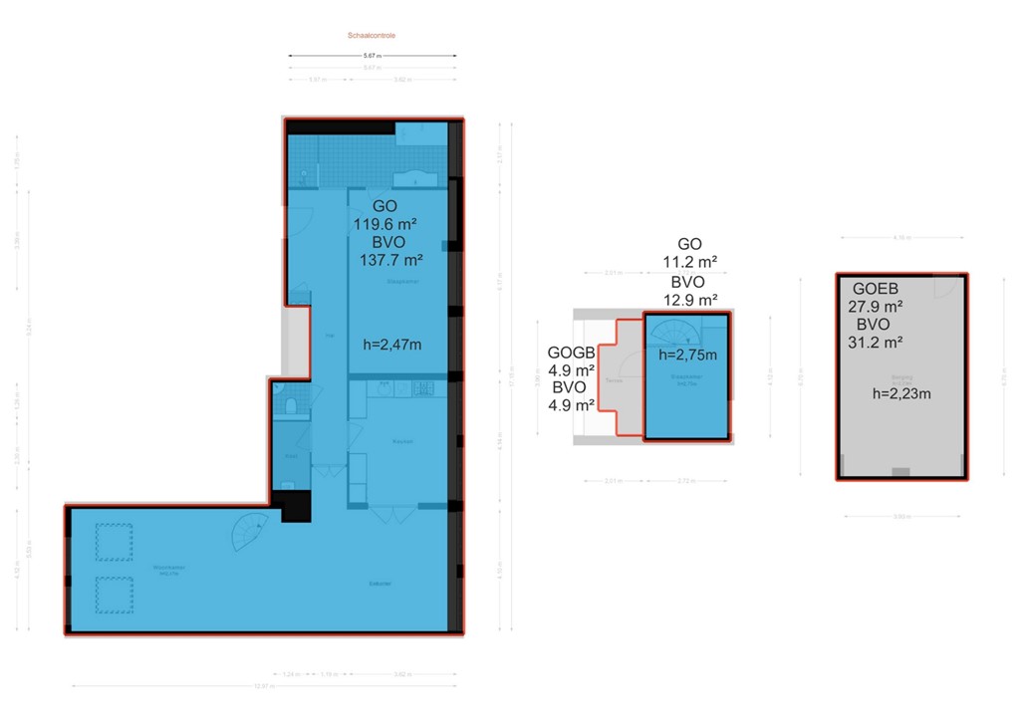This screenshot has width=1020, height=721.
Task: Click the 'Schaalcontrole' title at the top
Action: click(x=372, y=35)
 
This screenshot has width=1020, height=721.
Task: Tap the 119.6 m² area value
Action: click(x=383, y=224)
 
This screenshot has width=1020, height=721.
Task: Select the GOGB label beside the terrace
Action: click(x=571, y=353)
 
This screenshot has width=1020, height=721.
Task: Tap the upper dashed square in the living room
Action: click(x=112, y=544)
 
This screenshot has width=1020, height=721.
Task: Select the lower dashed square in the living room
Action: click(x=112, y=596)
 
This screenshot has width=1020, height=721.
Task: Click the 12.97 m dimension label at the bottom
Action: click(x=265, y=685)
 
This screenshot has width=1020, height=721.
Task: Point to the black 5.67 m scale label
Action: click(x=371, y=56)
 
